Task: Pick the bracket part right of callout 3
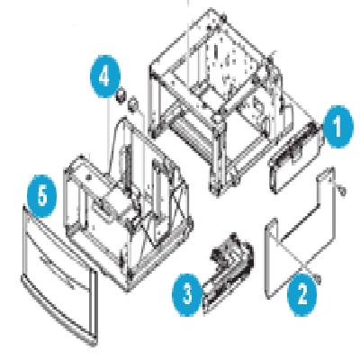click(229, 266)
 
